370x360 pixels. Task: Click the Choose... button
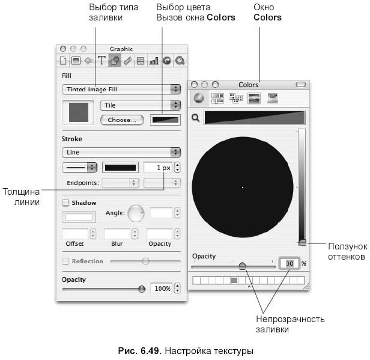[x=122, y=120]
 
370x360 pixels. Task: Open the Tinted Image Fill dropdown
[x=121, y=89]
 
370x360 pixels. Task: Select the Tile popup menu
[x=141, y=105]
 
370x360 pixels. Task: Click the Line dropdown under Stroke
[x=121, y=152]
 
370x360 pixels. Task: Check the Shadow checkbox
[x=65, y=203]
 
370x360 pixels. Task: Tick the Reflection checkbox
[x=65, y=261]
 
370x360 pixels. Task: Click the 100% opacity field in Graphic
[x=162, y=288]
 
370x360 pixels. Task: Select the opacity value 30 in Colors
[x=290, y=263]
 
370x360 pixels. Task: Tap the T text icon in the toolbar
[x=102, y=61]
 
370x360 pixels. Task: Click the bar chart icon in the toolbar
[x=154, y=61]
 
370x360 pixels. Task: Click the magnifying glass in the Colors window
[x=196, y=118]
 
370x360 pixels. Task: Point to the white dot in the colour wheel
[x=243, y=188]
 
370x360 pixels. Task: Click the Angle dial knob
[x=136, y=213]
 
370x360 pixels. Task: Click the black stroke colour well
[x=120, y=168]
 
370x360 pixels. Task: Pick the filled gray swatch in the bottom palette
[x=234, y=280]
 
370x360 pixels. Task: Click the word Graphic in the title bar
[x=121, y=49]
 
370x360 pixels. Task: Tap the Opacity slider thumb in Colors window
[x=242, y=266]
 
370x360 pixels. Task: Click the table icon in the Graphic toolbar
[x=141, y=61]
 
